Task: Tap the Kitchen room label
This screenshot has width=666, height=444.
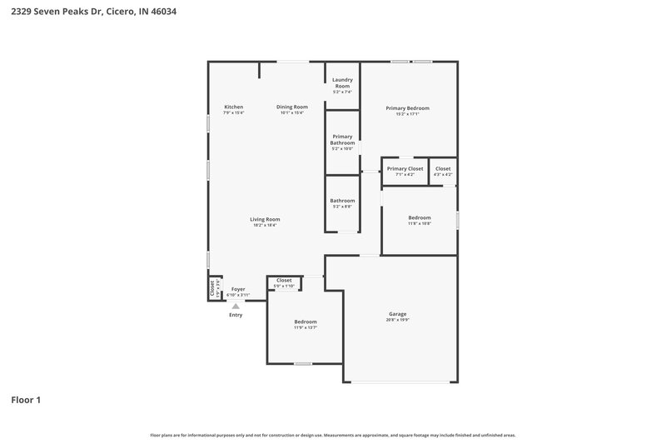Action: tap(233, 107)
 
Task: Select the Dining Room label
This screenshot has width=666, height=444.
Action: tap(292, 107)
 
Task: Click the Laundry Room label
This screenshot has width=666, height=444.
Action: tap(342, 82)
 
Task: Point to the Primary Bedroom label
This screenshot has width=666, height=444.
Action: tap(407, 107)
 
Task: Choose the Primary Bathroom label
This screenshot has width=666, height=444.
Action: tap(342, 139)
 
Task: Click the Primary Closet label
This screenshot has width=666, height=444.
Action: tap(405, 168)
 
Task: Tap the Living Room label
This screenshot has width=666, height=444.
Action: tap(265, 219)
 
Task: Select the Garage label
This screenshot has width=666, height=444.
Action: tap(397, 314)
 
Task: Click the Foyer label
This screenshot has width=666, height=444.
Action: tap(238, 289)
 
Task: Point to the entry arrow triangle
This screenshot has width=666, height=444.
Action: tap(236, 306)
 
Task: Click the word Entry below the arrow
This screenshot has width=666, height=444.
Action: tap(236, 315)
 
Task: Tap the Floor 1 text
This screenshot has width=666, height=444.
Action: tap(26, 400)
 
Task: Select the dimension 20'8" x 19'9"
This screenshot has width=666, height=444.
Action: tap(397, 320)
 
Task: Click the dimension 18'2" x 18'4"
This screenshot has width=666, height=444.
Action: tap(265, 225)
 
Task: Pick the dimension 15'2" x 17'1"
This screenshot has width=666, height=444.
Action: tap(407, 113)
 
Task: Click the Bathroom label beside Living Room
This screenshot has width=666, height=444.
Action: tap(342, 200)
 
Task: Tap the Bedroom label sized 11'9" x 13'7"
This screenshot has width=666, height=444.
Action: tap(305, 322)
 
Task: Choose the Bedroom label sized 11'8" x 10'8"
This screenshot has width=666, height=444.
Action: tap(419, 217)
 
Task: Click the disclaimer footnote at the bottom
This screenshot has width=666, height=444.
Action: tap(333, 435)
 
